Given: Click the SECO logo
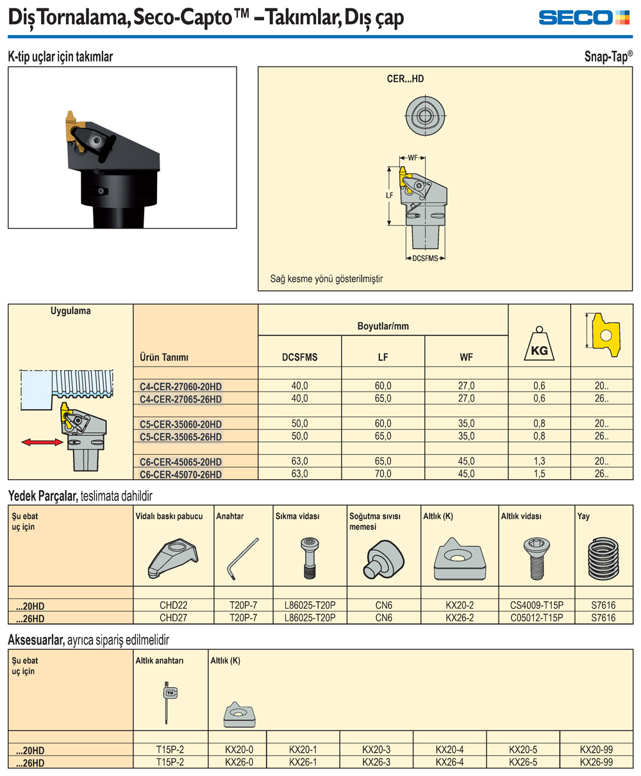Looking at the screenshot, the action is coord(584,17).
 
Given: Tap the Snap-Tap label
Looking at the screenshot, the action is coord(608,56).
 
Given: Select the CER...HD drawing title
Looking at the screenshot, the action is coord(405,79).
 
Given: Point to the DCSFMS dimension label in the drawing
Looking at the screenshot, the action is coord(425,258).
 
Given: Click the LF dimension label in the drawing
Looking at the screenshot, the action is coord(389,195).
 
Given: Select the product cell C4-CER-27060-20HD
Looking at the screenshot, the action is coord(181,386).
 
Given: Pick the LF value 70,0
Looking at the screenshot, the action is coord(383,474).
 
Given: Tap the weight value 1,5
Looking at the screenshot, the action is coord(539,474).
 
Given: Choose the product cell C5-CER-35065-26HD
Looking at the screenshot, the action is coord(181,436).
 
